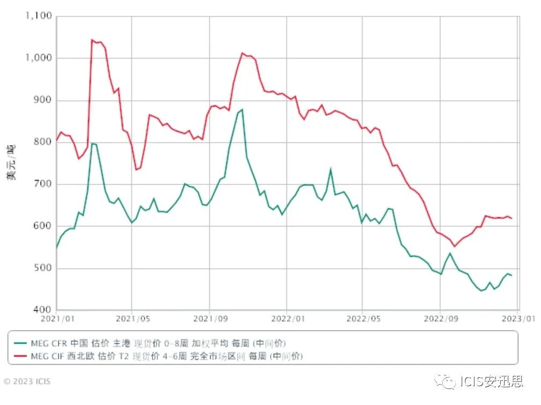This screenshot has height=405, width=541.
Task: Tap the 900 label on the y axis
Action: (x=43, y=100)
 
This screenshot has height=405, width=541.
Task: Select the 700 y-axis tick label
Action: (x=43, y=184)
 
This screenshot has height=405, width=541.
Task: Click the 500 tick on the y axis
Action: (x=43, y=268)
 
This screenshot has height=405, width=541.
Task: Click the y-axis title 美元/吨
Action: (x=12, y=162)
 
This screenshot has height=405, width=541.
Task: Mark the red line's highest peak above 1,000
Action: (x=92, y=40)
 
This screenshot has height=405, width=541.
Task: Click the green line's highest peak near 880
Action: (x=242, y=109)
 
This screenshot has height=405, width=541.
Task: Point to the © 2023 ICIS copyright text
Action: (x=27, y=382)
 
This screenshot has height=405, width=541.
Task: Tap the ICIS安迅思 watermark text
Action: (x=490, y=381)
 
